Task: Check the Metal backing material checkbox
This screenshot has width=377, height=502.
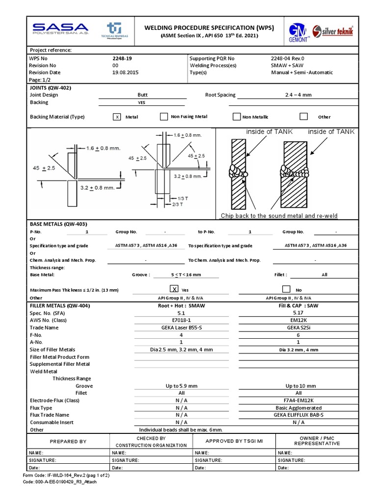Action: click(117, 117)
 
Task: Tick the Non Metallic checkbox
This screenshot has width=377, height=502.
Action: click(237, 117)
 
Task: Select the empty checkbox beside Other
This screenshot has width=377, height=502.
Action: click(304, 117)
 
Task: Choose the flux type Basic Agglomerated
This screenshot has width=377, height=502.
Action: click(298, 407)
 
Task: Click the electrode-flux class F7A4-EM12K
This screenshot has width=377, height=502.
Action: click(298, 400)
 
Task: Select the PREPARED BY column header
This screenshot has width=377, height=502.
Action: click(68, 441)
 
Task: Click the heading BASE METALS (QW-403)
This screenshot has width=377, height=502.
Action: click(59, 224)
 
